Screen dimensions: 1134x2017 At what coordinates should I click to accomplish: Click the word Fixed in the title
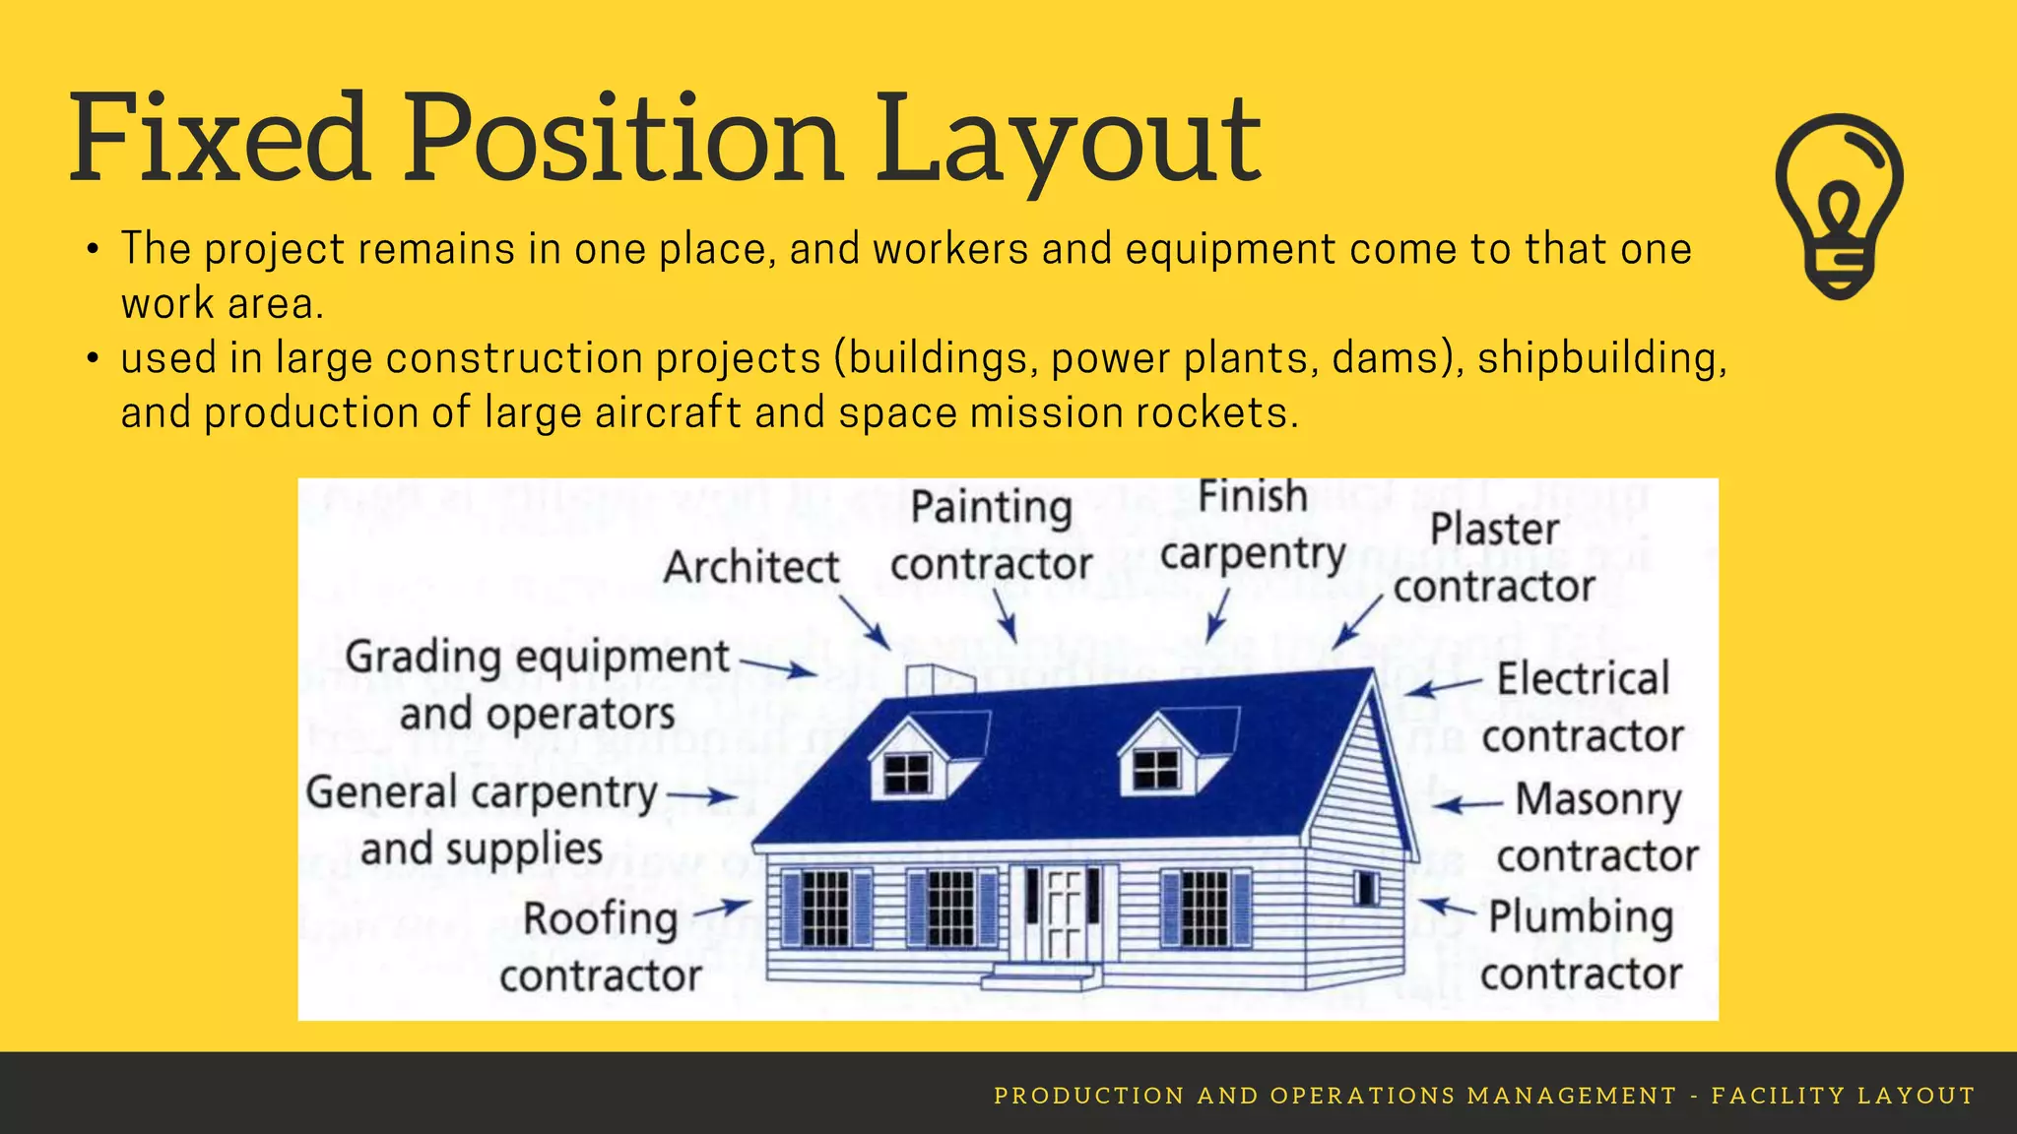219,138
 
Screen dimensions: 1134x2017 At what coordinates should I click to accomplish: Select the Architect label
751,568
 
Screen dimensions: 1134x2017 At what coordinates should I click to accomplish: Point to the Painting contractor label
991,536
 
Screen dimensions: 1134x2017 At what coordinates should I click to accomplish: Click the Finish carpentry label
1253,527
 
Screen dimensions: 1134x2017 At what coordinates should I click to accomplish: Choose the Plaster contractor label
1494,558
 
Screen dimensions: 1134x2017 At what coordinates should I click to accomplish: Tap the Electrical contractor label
1583,708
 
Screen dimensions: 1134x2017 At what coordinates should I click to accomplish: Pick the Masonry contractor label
1597,827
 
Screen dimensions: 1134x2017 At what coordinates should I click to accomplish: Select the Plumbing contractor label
1581,945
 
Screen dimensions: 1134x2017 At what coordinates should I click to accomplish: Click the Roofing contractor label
601,947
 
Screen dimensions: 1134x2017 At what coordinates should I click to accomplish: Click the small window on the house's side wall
1366,888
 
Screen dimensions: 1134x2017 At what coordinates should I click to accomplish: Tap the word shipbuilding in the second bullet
1601,358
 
